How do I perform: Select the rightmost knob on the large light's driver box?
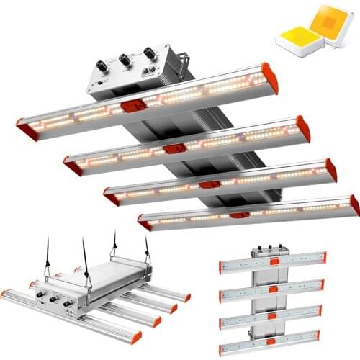[x=149, y=53]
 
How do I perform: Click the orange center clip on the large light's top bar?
[x=132, y=106]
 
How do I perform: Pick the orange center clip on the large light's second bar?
[x=174, y=148]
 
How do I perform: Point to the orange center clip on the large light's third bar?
[x=210, y=185]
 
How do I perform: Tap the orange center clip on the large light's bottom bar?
[x=240, y=215]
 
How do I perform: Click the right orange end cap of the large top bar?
[x=270, y=77]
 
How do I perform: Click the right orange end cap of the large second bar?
[x=303, y=129]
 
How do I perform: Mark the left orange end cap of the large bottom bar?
[x=145, y=225]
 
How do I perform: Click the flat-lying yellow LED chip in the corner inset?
[x=297, y=30]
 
